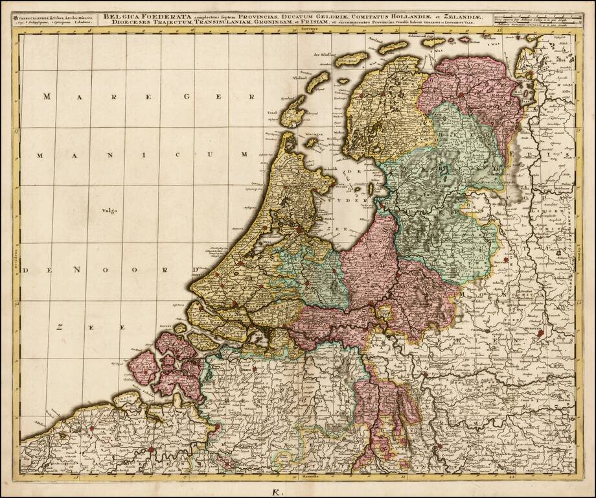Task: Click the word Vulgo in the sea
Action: (109, 209)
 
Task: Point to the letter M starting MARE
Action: (47, 97)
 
